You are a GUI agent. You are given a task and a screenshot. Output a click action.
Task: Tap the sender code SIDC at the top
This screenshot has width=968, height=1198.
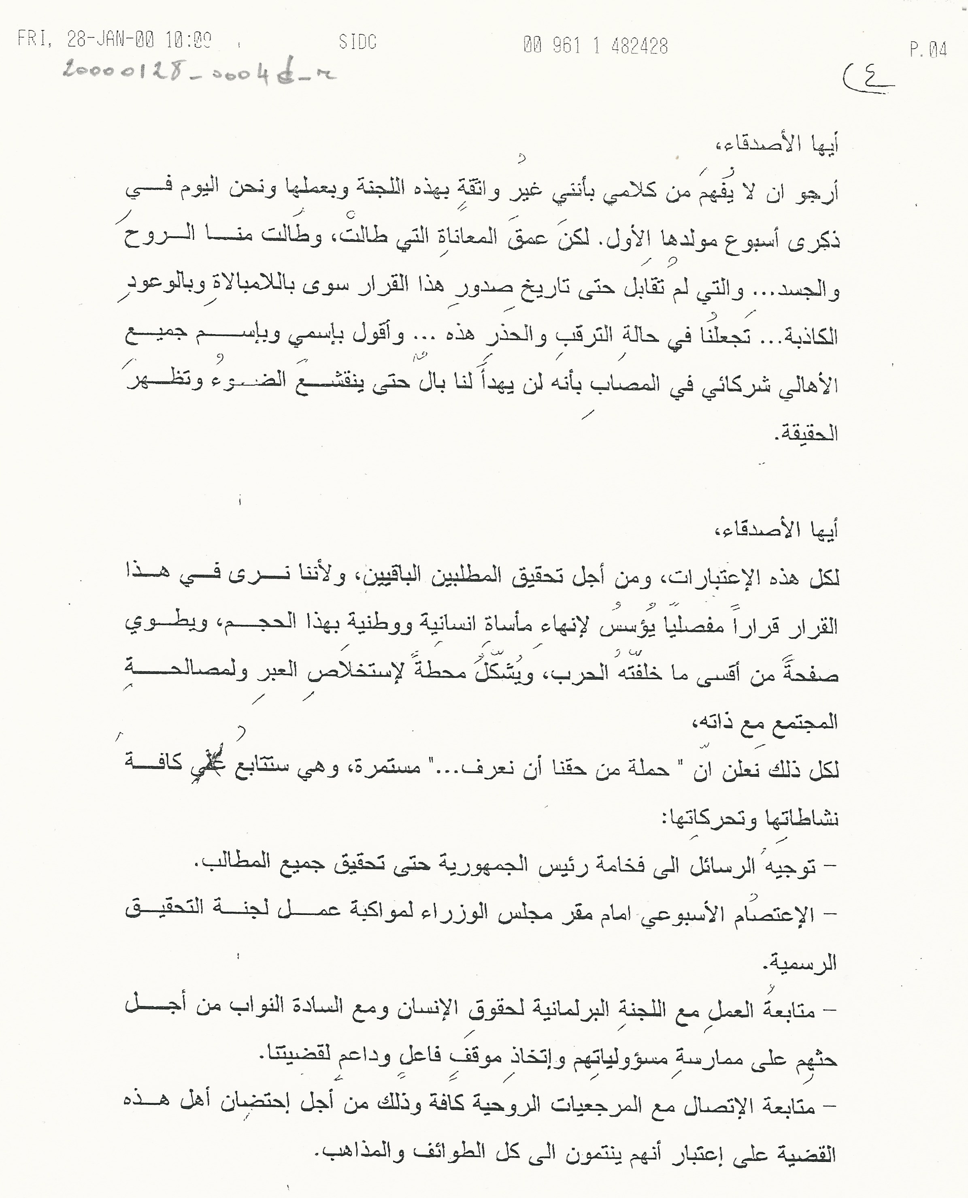(357, 42)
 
